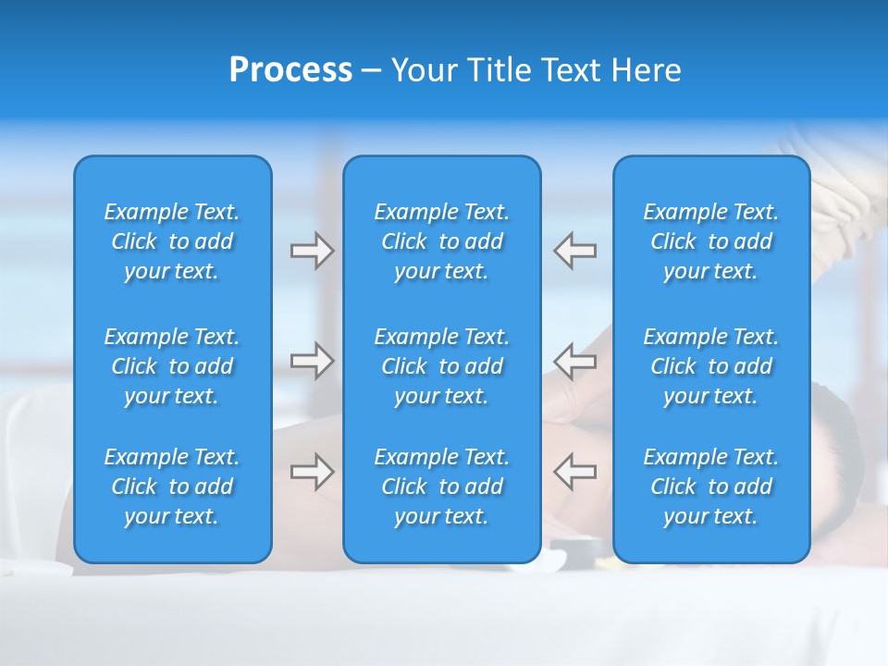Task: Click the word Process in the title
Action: pyautogui.click(x=290, y=70)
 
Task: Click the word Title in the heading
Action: pyautogui.click(x=499, y=70)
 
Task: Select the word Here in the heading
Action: pyautogui.click(x=647, y=70)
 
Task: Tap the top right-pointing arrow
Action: pyautogui.click(x=312, y=251)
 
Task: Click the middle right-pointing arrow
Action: pyautogui.click(x=312, y=360)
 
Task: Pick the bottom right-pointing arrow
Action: pyautogui.click(x=312, y=472)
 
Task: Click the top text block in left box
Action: pyautogui.click(x=172, y=241)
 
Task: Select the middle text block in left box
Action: pyautogui.click(x=172, y=366)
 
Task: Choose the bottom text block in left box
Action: pyautogui.click(x=172, y=487)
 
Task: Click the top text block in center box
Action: pyautogui.click(x=442, y=241)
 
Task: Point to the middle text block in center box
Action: pyautogui.click(x=442, y=366)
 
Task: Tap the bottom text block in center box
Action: pyautogui.click(x=442, y=487)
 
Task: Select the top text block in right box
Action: pyautogui.click(x=711, y=241)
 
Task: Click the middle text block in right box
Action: pyautogui.click(x=711, y=366)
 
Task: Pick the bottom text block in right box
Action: pyautogui.click(x=711, y=487)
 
